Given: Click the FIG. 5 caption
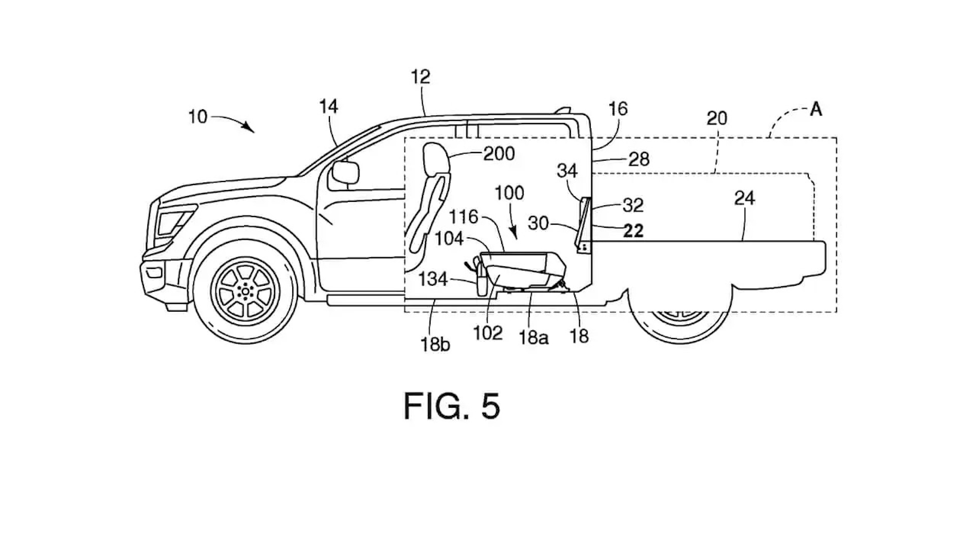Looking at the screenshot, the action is click(452, 406).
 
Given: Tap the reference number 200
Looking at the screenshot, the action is click(499, 154).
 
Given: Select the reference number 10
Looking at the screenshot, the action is click(198, 117).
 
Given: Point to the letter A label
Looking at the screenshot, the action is click(816, 109).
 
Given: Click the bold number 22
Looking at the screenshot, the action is click(633, 231).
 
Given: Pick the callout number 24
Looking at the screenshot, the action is click(744, 198).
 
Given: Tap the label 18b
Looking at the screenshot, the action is click(435, 345).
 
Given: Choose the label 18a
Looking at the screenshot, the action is click(533, 338).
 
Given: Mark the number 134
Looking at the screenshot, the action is click(433, 279).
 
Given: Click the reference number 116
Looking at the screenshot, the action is click(464, 217).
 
